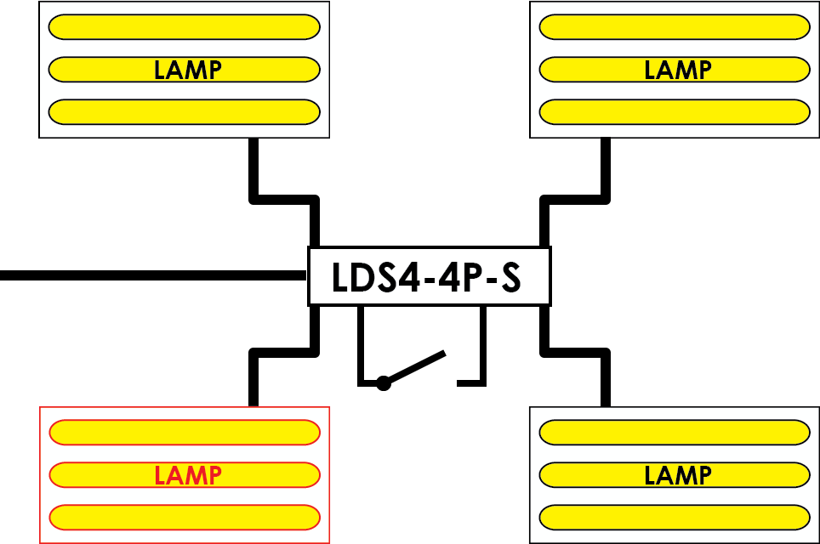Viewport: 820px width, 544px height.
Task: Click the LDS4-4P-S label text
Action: tap(426, 277)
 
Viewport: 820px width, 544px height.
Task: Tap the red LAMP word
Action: tap(188, 475)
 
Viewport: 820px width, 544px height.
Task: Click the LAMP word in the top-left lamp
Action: tap(188, 70)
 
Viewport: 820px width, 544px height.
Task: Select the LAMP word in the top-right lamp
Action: tap(678, 70)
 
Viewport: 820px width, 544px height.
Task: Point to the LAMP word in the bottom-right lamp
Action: tap(678, 475)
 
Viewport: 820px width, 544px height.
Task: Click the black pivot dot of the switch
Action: tap(384, 383)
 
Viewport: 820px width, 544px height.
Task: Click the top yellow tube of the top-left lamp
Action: tap(184, 27)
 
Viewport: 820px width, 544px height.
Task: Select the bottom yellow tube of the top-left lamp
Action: tap(184, 112)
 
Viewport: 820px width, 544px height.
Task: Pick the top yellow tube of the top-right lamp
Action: tap(675, 27)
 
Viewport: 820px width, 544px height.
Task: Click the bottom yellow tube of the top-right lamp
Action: tap(675, 112)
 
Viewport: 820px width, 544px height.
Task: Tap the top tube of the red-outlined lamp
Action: tap(185, 433)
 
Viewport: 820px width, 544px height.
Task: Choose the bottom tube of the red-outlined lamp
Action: tap(185, 518)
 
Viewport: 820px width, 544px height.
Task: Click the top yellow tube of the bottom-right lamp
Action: tap(675, 433)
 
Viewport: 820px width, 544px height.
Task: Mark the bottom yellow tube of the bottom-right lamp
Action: tap(675, 518)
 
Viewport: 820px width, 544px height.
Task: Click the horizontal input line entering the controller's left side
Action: tap(153, 275)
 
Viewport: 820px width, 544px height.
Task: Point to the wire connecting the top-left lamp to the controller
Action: tap(284, 200)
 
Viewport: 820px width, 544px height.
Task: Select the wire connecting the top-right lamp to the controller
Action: tap(575, 200)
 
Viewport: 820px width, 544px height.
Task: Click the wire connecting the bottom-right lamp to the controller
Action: tap(575, 353)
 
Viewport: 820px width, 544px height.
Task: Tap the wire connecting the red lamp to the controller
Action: tap(284, 353)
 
